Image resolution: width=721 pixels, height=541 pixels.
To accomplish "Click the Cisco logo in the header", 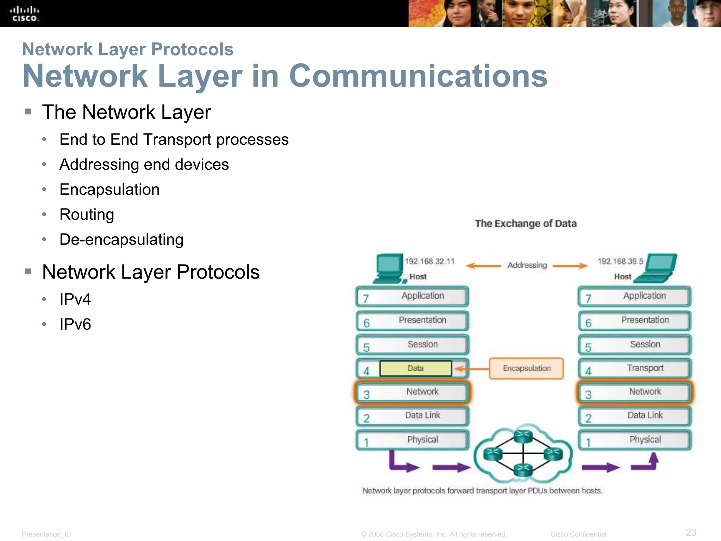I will pos(24,14).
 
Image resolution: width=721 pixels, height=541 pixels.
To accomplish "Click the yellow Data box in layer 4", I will pos(415,368).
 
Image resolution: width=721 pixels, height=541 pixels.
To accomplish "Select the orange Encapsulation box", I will pos(526,368).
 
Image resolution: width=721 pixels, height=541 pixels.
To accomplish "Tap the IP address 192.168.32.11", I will pos(430,261).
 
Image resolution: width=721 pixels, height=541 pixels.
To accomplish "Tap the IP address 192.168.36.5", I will pos(620,261).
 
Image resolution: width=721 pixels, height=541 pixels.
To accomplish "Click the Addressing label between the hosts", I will pos(527,265).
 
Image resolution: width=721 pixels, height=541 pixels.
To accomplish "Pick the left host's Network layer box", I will pos(412,392).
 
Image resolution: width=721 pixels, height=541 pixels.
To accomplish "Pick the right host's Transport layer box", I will pos(635,368).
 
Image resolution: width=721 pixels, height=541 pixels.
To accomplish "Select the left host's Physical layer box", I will pos(412,440).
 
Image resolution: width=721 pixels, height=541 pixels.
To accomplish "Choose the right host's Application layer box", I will pos(635,296).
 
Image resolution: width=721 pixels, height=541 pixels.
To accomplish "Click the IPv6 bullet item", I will pos(75,324).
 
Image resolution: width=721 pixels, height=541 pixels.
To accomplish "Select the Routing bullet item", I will pos(87,214).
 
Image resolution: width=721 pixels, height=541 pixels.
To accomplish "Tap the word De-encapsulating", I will pos(121,240).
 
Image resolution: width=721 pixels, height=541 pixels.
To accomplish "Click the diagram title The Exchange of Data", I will pos(526,224).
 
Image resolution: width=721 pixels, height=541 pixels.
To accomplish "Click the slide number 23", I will pos(691,532).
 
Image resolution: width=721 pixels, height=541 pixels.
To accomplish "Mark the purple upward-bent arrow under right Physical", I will pos(646,463).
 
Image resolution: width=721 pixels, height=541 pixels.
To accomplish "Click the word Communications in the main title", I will pos(418,76).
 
